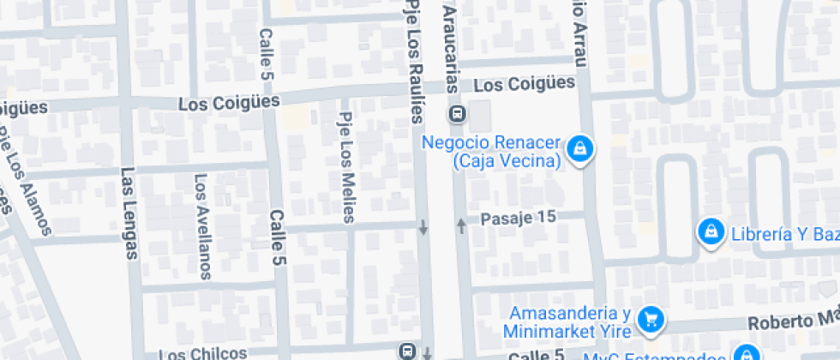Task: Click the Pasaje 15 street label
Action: coord(519,218)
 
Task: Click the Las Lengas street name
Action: coord(129,211)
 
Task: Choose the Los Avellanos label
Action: coord(203,226)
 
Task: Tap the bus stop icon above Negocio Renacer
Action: coord(457,114)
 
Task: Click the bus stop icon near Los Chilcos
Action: coord(406,351)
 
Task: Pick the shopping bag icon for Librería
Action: coord(710,231)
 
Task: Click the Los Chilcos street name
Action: coord(203,353)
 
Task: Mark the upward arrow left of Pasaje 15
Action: coord(461,226)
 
